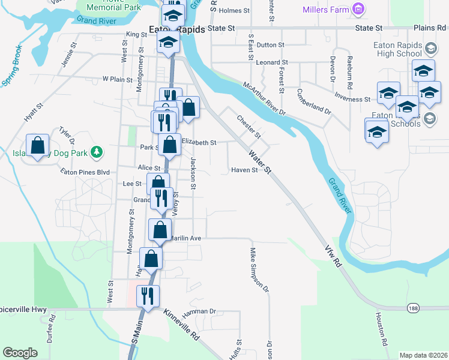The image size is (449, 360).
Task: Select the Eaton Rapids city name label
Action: tap(177, 29)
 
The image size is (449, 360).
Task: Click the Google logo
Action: tap(20, 353)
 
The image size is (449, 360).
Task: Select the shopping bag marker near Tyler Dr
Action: tap(38, 145)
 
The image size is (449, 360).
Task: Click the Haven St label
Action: tap(244, 170)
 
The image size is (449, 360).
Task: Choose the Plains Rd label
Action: tap(430, 28)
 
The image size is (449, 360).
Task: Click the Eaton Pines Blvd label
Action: tap(85, 172)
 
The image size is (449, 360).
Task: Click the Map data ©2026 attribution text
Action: tap(423, 355)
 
